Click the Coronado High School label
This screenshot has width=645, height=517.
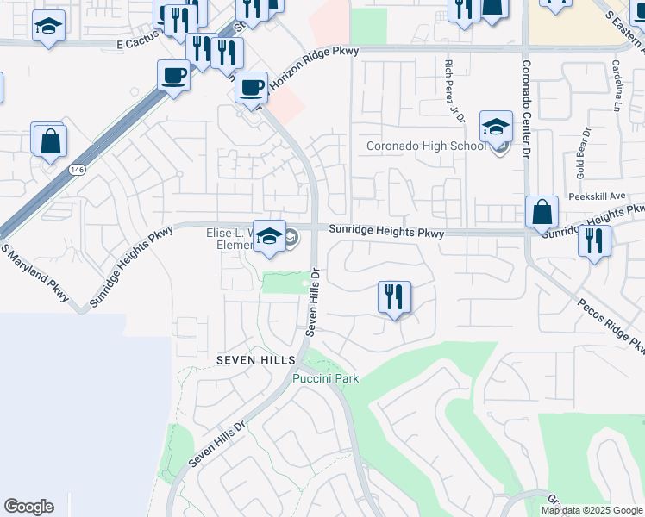click(x=426, y=146)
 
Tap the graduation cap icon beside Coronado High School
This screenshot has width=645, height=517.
click(x=496, y=128)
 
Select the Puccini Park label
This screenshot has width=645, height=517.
click(x=325, y=378)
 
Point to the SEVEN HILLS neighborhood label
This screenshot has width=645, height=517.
click(x=255, y=359)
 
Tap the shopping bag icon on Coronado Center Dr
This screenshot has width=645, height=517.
click(x=542, y=212)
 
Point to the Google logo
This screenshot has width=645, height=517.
click(x=28, y=507)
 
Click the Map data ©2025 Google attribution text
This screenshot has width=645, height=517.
click(x=592, y=510)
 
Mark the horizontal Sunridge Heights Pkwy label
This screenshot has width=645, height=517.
click(x=386, y=233)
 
